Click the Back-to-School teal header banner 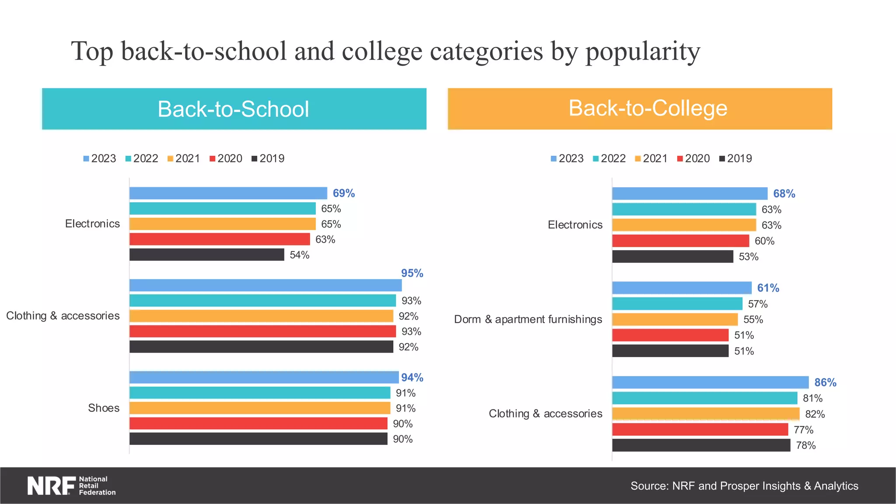(x=234, y=109)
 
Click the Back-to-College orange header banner (x=640, y=109)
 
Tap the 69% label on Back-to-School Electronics (x=343, y=193)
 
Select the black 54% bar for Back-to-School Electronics (x=206, y=255)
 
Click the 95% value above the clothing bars (x=412, y=273)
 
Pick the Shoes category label (x=104, y=408)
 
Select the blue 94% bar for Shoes (x=264, y=377)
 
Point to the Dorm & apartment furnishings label (x=528, y=319)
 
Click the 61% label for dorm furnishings (x=768, y=288)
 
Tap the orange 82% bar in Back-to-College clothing (x=705, y=414)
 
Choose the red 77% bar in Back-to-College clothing (x=700, y=430)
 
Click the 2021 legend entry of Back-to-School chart (x=184, y=158)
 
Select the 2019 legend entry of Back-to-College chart (x=735, y=158)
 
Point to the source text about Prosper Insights (x=744, y=486)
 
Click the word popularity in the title (x=643, y=52)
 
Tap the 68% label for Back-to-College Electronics (x=784, y=194)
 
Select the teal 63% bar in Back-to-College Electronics (x=684, y=210)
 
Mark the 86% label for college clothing (x=825, y=383)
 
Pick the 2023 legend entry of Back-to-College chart (x=567, y=158)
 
